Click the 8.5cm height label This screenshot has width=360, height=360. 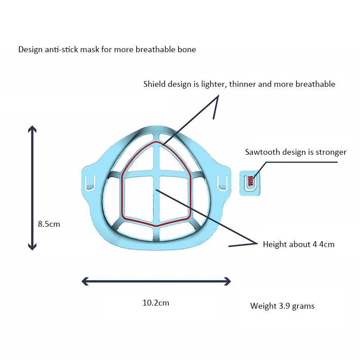[x=49, y=224]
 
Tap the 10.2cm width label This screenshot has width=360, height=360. [x=156, y=303]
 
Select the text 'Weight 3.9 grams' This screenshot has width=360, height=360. [x=282, y=306]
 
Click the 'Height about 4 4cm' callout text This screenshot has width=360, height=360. [x=298, y=244]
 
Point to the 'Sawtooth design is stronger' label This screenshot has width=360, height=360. [x=296, y=152]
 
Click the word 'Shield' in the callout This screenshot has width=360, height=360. [x=154, y=84]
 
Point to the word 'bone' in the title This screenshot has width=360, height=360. [x=188, y=49]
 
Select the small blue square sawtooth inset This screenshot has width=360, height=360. [x=249, y=183]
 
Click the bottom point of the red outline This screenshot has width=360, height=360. [x=156, y=225]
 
